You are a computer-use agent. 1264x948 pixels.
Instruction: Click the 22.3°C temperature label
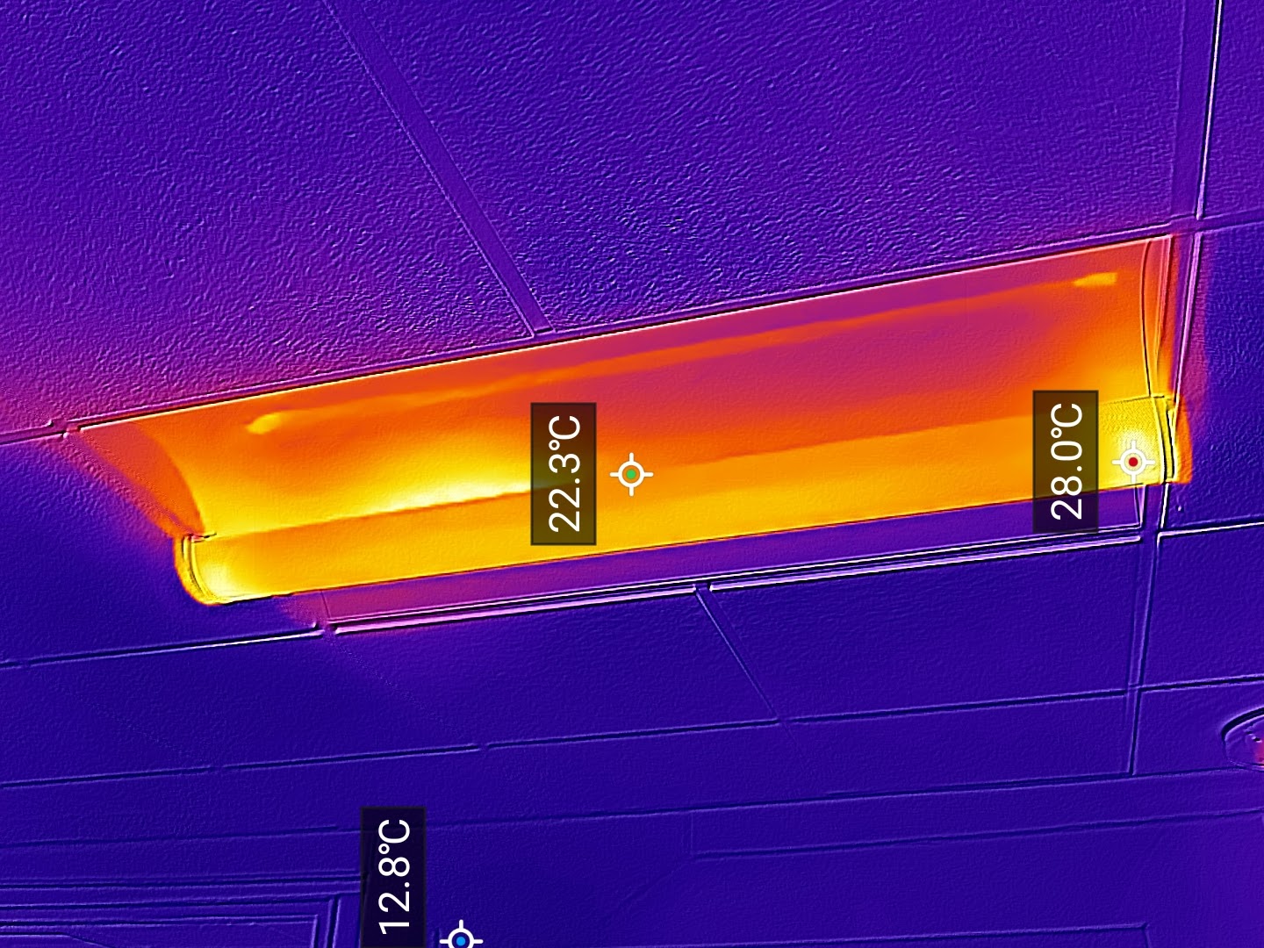pyautogui.click(x=564, y=474)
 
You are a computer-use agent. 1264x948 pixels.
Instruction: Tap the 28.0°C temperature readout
pyautogui.click(x=1066, y=461)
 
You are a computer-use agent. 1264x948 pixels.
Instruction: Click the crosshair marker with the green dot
pyautogui.click(x=631, y=474)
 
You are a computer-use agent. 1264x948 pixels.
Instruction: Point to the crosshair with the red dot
pyautogui.click(x=1133, y=462)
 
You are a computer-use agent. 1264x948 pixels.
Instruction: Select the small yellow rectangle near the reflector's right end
pyautogui.click(x=1095, y=280)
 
